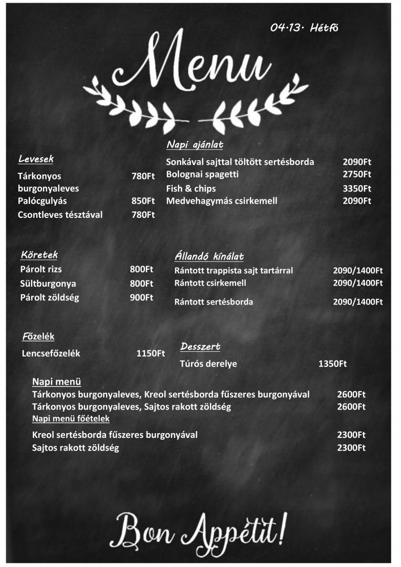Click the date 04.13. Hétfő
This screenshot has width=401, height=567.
(x=304, y=28)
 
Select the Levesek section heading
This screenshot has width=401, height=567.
(x=36, y=159)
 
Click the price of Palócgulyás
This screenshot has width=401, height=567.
(x=143, y=201)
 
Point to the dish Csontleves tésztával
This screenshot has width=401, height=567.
(x=60, y=214)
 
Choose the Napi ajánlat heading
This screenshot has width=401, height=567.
(x=195, y=144)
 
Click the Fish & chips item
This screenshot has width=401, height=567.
(x=191, y=188)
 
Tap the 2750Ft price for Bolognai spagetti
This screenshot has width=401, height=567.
(x=357, y=174)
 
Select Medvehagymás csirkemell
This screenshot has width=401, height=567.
(x=221, y=201)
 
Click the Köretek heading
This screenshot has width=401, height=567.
(x=39, y=255)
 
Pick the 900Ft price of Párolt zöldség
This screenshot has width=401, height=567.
(x=142, y=297)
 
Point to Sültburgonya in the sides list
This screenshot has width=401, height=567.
(x=48, y=283)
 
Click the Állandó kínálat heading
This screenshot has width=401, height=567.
(x=209, y=256)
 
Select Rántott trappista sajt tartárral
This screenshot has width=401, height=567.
(x=234, y=270)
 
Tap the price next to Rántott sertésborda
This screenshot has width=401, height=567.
(x=358, y=302)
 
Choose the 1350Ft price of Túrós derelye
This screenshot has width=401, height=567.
(x=332, y=363)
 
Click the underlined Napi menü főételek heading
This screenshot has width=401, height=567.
(x=71, y=418)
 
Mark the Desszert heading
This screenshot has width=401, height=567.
(x=200, y=346)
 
